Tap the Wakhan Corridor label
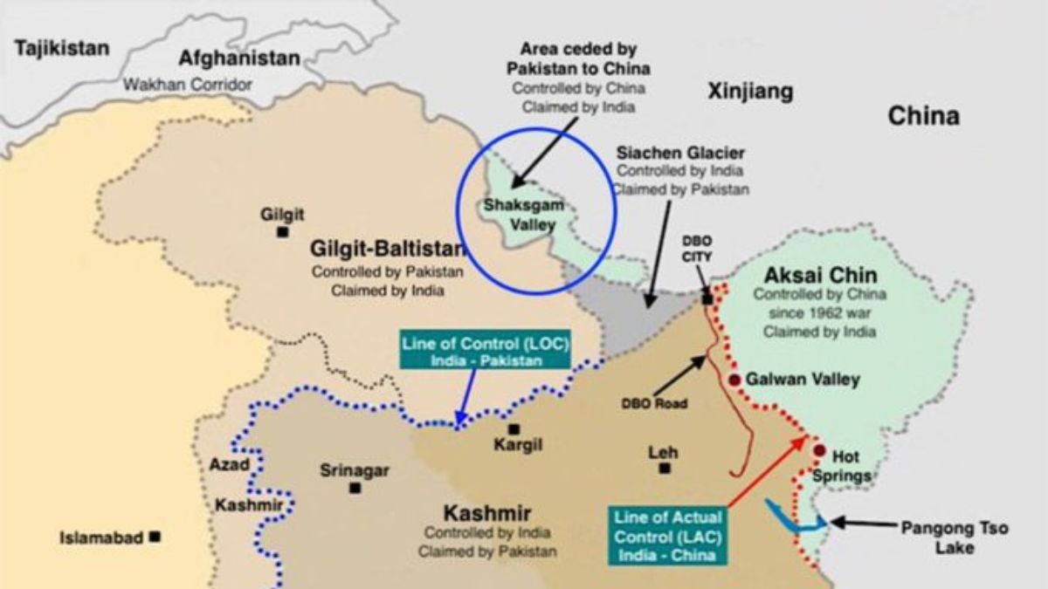(x=187, y=85)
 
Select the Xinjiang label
(x=750, y=91)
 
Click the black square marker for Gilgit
(x=282, y=232)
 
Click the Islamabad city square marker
(x=155, y=537)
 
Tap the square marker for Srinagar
(x=355, y=489)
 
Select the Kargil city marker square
(x=514, y=428)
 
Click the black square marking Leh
(x=665, y=469)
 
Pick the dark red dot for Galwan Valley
(x=734, y=380)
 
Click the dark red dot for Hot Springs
(x=819, y=450)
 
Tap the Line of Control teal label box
(x=485, y=350)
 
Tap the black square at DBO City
(x=707, y=298)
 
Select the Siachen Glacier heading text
(x=680, y=153)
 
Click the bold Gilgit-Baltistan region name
(x=388, y=250)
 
